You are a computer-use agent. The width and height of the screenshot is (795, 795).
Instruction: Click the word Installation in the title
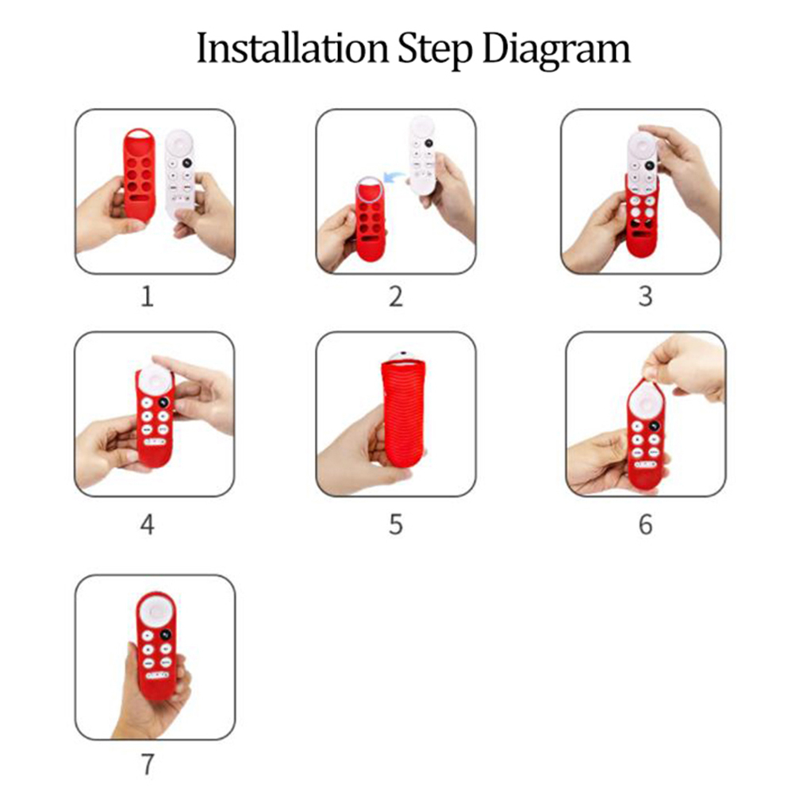[x=291, y=48]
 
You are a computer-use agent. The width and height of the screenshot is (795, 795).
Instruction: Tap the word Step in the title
[x=435, y=51]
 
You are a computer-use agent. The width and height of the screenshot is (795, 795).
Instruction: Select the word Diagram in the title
[x=556, y=51]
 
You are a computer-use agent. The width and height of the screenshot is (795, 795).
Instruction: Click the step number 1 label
[x=147, y=297]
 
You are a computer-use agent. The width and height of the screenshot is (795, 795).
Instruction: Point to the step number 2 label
[x=395, y=297]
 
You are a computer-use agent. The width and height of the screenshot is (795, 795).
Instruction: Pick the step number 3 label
[x=645, y=297]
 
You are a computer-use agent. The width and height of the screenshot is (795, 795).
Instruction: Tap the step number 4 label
[x=147, y=524]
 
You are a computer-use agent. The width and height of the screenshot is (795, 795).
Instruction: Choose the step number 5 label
[x=395, y=524]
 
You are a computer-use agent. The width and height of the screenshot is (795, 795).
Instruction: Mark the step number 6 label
[x=645, y=524]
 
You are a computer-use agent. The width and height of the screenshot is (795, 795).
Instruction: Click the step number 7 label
[x=147, y=764]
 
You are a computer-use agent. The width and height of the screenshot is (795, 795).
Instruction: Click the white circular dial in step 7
[x=156, y=612]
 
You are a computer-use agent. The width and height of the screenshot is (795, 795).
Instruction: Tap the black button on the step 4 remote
[x=163, y=402]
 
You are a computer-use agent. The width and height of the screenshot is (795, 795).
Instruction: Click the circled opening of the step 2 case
[x=369, y=189]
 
